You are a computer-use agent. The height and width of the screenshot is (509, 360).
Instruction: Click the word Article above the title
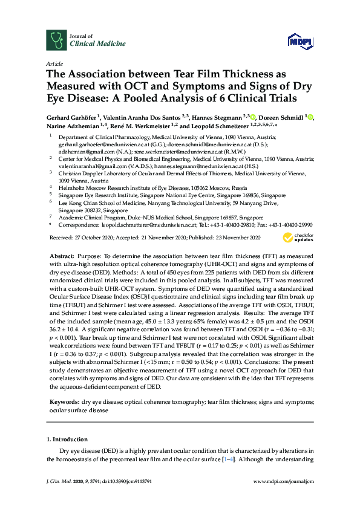click(53, 63)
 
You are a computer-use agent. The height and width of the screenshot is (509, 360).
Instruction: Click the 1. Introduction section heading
click(67, 439)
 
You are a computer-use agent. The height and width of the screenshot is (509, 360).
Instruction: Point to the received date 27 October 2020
click(89, 238)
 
